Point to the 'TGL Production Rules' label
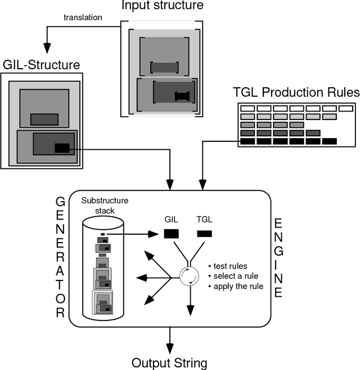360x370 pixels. [296, 92]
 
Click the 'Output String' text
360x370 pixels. [169, 362]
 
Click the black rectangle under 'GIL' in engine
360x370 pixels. [171, 233]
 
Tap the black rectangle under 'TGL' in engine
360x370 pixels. [204, 233]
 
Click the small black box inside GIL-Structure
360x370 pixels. [62, 149]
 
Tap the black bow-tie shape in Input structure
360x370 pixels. [183, 96]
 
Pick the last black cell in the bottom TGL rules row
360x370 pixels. [329, 141]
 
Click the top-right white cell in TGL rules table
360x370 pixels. [346, 108]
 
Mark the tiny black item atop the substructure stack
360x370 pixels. [102, 233]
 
